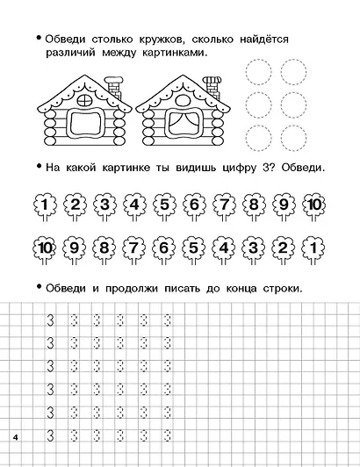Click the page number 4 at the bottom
[x=16, y=436]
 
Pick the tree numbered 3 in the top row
[x=104, y=207]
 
